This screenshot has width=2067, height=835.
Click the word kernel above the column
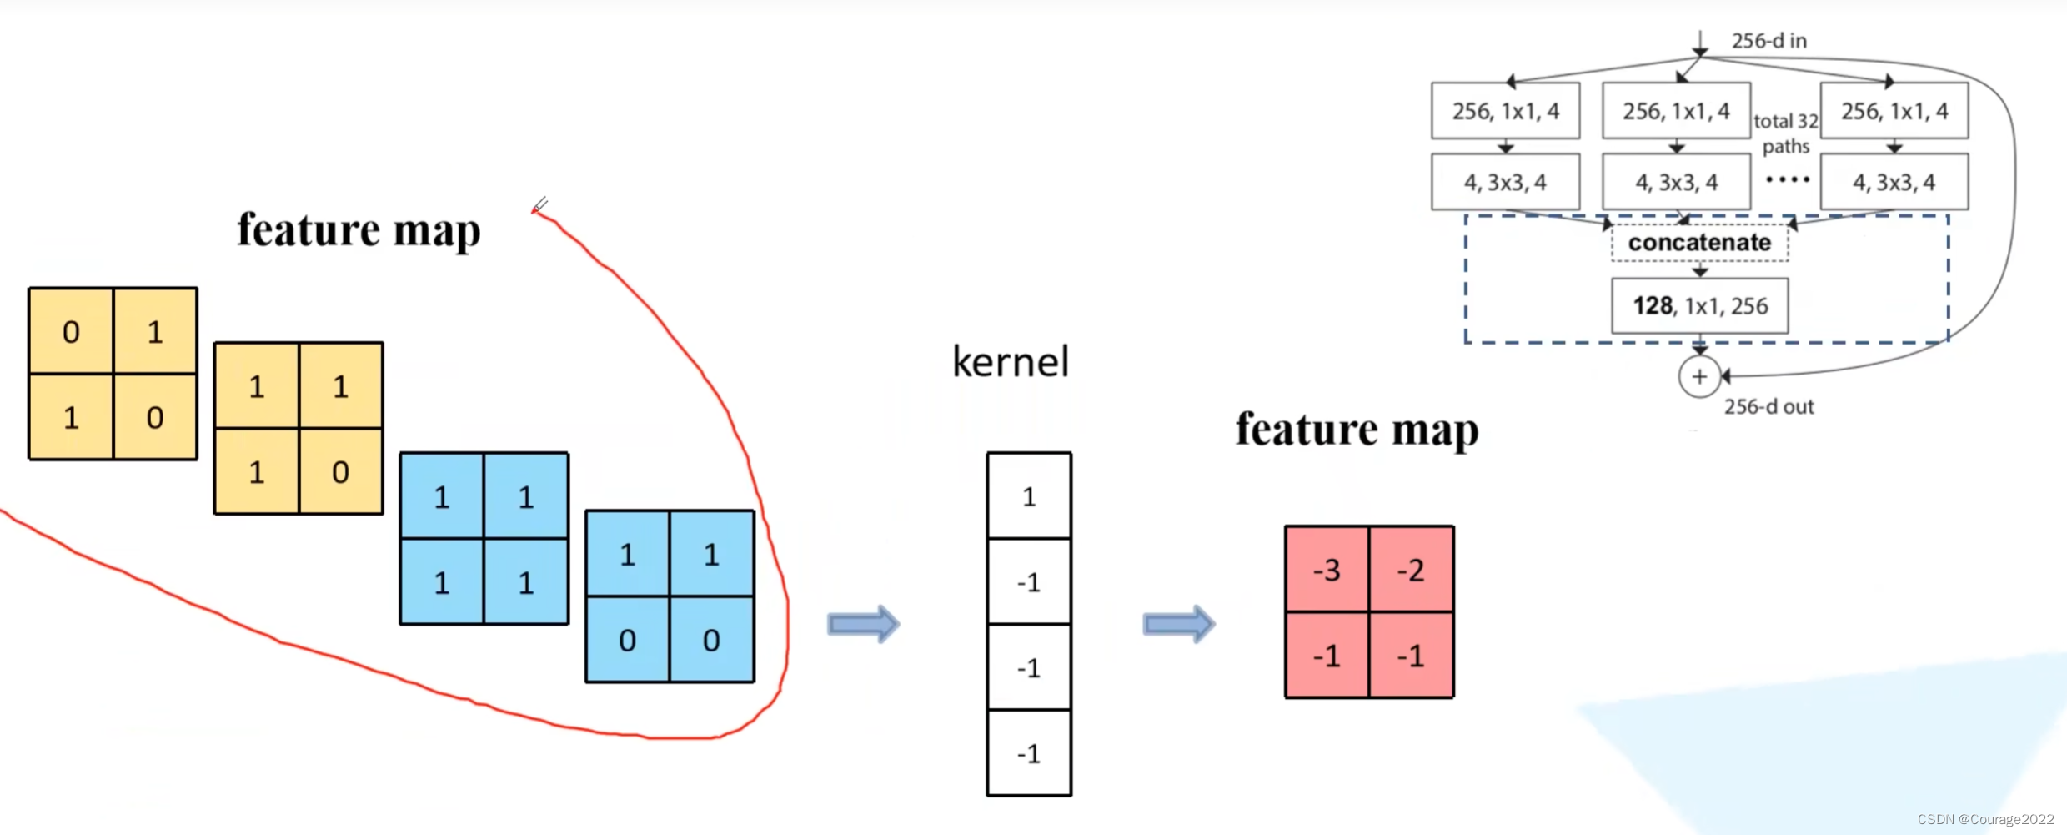(x=1011, y=362)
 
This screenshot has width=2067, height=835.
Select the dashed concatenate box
(x=1699, y=243)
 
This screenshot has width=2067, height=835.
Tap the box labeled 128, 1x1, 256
(x=1699, y=306)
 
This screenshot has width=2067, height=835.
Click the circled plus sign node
(x=1699, y=376)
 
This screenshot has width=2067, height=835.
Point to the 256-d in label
(x=1768, y=41)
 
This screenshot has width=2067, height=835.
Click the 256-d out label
(x=1768, y=407)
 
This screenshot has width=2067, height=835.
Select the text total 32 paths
(x=1785, y=133)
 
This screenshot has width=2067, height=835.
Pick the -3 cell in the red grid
(x=1327, y=570)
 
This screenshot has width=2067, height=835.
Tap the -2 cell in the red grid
(x=1412, y=570)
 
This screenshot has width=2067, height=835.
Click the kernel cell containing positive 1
(x=1029, y=496)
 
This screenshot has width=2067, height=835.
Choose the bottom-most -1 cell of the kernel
(x=1029, y=753)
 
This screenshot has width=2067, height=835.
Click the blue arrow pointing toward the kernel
(x=863, y=624)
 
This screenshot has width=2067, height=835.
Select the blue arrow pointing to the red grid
(x=1178, y=624)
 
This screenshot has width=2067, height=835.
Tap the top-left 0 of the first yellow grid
(x=71, y=331)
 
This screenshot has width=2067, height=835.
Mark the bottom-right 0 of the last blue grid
(x=712, y=640)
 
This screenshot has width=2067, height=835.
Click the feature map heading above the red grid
(x=1357, y=430)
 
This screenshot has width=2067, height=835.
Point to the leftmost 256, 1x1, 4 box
(x=1505, y=111)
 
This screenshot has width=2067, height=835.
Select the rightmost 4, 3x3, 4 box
(x=1894, y=182)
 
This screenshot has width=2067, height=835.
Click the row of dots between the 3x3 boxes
(x=1787, y=179)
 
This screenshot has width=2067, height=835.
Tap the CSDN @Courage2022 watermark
(x=1985, y=819)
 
